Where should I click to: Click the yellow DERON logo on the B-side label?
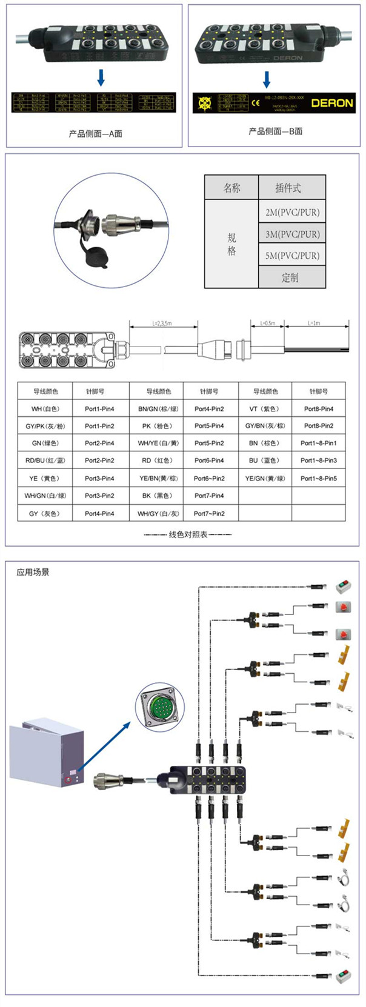pos(331,103)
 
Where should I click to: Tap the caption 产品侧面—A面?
pos(95,133)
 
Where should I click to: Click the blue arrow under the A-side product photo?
pos(101,77)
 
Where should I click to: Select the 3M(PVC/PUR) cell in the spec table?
pos(292,234)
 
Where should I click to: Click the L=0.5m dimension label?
pos(267,324)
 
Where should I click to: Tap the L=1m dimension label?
pos(314,324)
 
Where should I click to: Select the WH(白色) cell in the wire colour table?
pos(45,409)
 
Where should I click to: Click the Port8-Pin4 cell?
pos(319,409)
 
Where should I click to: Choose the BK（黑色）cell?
pos(158,496)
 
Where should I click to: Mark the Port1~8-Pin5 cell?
pos(319,478)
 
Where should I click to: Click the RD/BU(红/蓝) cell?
pos(45,460)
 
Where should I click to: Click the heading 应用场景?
pos(33,572)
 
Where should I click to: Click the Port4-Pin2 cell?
pos(209,409)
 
